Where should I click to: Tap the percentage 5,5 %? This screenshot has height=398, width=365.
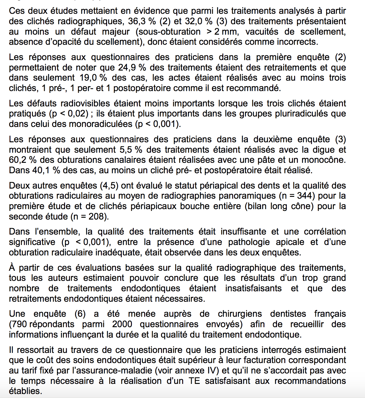[x=127, y=150]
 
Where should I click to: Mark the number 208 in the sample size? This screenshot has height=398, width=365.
[x=97, y=216]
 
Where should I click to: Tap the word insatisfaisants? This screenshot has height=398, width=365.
[x=253, y=289]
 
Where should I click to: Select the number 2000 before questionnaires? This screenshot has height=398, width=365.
[x=122, y=324]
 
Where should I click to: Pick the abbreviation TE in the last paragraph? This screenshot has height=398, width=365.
[x=194, y=381]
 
